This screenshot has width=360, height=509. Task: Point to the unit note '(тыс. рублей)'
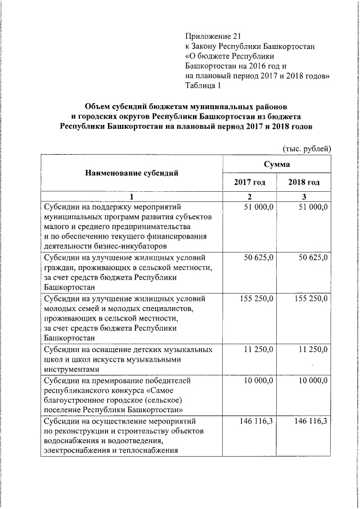[x=306, y=148]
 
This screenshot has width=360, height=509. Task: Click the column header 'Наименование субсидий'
[x=131, y=173]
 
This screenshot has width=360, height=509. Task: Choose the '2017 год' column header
[x=249, y=182]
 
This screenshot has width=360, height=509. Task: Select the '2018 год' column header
[x=304, y=182]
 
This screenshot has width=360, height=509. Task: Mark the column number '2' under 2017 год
[x=250, y=197]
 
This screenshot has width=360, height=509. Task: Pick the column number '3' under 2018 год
[x=304, y=197]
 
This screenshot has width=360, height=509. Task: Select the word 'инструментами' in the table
[x=71, y=369]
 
